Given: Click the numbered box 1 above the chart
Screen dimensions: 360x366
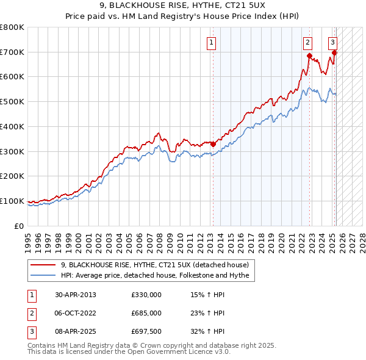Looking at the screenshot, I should click(x=211, y=43).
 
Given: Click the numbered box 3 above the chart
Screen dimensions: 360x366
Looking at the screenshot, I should click(x=332, y=43).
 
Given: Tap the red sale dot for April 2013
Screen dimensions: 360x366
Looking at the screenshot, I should click(x=213, y=144).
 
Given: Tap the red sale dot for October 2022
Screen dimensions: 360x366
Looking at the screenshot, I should click(x=309, y=56).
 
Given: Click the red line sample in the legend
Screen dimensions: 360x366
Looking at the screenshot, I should click(x=43, y=265).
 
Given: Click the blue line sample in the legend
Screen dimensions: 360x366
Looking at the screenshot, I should click(x=43, y=275).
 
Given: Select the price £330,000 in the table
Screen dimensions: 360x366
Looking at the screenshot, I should click(x=146, y=295).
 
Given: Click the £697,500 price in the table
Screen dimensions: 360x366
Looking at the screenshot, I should click(x=146, y=331).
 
